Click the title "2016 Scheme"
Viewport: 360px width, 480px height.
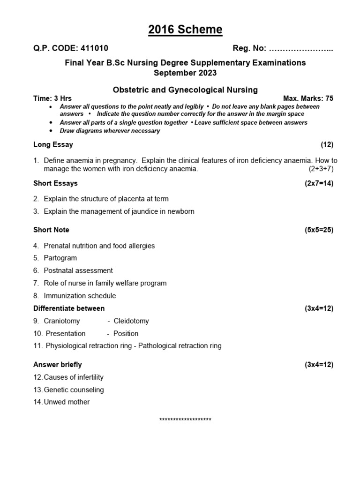185,30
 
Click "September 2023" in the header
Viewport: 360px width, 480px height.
185,73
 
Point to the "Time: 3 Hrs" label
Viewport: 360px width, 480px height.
52,98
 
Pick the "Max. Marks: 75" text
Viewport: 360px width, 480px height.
308,98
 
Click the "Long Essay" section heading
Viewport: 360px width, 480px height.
53,144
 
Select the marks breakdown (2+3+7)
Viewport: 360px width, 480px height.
321,169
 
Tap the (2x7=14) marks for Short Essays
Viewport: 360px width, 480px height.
319,183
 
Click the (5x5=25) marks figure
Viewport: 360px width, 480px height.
319,230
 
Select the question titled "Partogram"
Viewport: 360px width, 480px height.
60,258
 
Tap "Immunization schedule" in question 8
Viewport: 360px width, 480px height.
80,296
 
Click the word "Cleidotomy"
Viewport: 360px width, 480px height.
131,321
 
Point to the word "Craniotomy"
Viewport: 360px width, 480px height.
62,321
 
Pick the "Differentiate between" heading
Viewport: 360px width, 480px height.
69,308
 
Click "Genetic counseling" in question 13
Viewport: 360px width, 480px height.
74,390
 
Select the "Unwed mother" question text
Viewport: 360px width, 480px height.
67,402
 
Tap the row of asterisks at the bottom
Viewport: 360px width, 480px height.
185,420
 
